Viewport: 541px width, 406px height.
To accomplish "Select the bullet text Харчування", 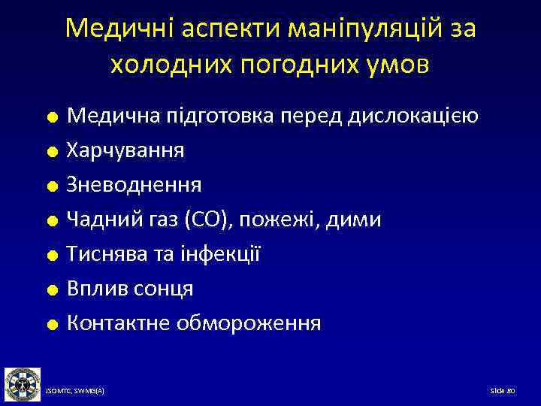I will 125,150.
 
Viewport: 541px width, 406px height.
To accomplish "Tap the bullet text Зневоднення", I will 134,185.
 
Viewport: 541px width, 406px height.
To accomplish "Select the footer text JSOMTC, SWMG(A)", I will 75,392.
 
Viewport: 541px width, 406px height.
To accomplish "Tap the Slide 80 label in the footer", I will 501,392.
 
